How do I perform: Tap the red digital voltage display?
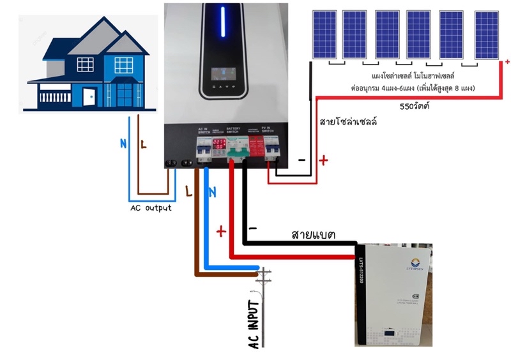point(218,145)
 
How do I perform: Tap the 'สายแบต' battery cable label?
point(316,234)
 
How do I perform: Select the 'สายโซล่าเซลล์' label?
point(347,121)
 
